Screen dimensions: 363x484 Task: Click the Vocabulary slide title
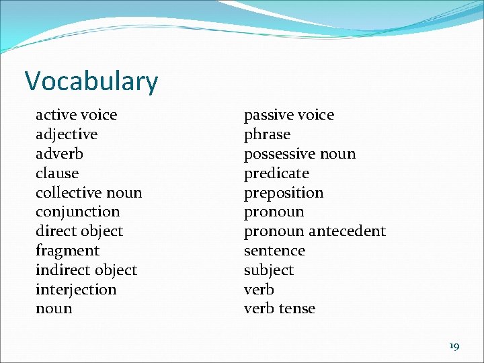[x=91, y=81]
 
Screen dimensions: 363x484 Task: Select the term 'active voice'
[x=76, y=115]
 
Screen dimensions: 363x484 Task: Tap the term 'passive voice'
[x=288, y=115]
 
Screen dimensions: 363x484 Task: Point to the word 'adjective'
[x=67, y=134]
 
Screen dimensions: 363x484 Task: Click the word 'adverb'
[x=59, y=154]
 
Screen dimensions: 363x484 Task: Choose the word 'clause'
[x=57, y=173]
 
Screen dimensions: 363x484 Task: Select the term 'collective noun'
[x=89, y=193]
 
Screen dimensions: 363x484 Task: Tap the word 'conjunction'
[x=77, y=212]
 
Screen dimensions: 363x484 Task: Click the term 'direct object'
[x=79, y=231]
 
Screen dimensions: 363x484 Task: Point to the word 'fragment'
[x=67, y=251]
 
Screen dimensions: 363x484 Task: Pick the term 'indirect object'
[x=86, y=270]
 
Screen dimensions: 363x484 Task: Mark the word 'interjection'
[x=76, y=290]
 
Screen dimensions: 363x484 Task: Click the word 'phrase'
[x=267, y=134]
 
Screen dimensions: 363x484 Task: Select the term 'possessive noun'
[x=300, y=154]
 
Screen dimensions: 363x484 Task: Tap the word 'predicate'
[x=276, y=173]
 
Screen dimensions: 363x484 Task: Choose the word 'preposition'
[x=284, y=193]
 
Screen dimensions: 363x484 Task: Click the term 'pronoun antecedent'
[x=315, y=231]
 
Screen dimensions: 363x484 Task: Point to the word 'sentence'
[x=274, y=251]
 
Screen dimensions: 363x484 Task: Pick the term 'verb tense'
[x=279, y=309]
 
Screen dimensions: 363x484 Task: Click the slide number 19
[x=454, y=346]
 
